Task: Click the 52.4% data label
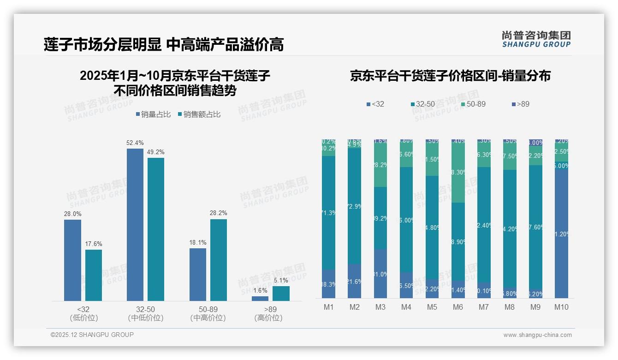pyautogui.click(x=135, y=143)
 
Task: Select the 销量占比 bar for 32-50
pyautogui.click(x=135, y=225)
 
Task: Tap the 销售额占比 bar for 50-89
pyautogui.click(x=219, y=260)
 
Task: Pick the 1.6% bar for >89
pyautogui.click(x=260, y=299)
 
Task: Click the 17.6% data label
pyautogui.click(x=93, y=244)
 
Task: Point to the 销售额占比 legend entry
pyautogui.click(x=199, y=114)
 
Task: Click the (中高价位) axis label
pyautogui.click(x=208, y=318)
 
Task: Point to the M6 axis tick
pyautogui.click(x=458, y=307)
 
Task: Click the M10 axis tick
pyautogui.click(x=561, y=307)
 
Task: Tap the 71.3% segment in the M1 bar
pyautogui.click(x=329, y=213)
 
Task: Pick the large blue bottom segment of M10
pyautogui.click(x=561, y=234)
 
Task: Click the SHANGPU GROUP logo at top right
pyautogui.click(x=536, y=39)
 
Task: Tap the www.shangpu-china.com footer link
pyautogui.click(x=537, y=335)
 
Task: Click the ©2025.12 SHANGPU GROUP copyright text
pyautogui.click(x=92, y=335)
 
